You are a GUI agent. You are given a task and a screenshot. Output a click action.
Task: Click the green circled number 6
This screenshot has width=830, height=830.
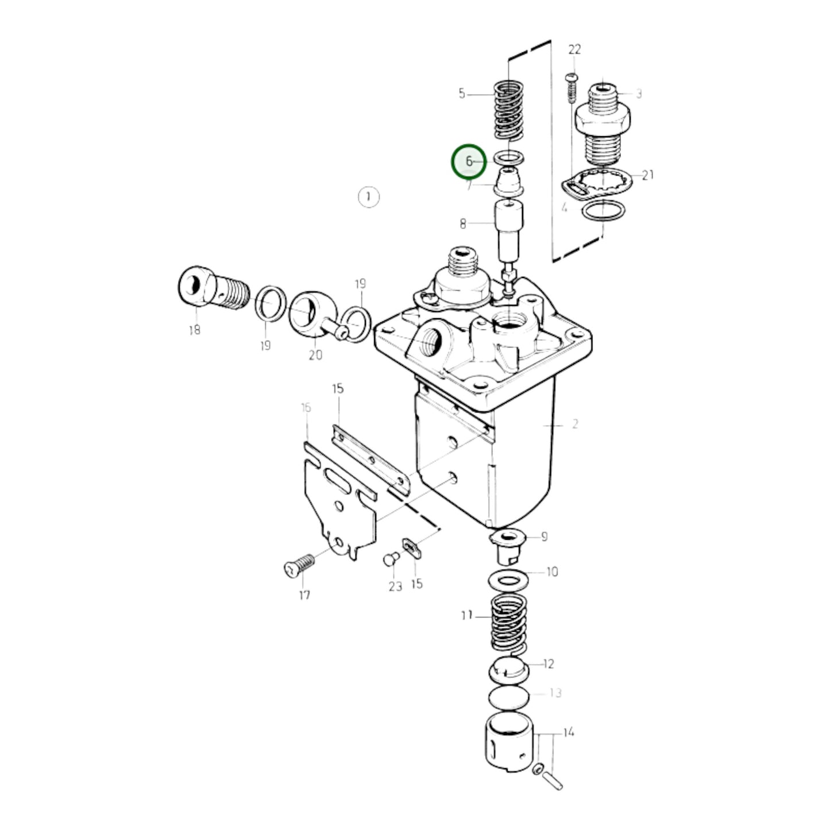pos(469,162)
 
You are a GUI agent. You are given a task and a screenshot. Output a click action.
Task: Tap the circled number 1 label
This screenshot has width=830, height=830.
pos(368,197)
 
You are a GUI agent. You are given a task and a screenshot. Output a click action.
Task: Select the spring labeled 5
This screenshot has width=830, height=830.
pos(509,109)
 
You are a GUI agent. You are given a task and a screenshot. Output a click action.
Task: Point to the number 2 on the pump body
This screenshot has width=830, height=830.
pos(574,424)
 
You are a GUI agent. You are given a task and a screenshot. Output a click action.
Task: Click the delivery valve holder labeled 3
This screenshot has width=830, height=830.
pos(607,123)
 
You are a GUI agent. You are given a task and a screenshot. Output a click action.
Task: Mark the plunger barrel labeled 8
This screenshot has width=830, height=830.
pos(509,224)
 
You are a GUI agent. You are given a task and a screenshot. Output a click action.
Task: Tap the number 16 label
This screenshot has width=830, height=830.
pos(306,408)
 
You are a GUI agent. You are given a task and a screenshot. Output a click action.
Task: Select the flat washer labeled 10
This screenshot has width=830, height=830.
pos(508,580)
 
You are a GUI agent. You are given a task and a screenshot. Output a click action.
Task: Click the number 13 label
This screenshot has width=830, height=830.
pos(555,693)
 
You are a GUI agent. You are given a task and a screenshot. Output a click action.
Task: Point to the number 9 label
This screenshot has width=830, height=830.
pos(544,537)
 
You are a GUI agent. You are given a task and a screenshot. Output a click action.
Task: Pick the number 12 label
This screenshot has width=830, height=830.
pos(549,664)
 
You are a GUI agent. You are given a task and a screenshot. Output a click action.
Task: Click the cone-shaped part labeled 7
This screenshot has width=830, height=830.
pos(509,181)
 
